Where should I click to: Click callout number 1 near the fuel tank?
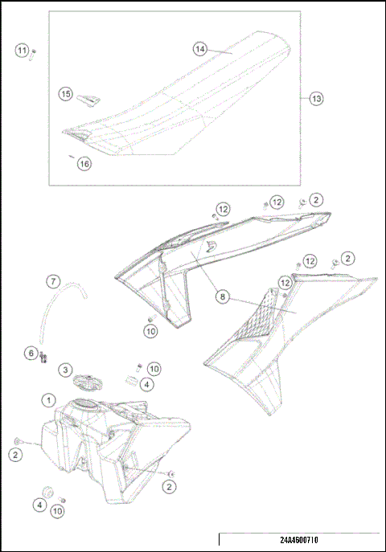[x=49, y=399]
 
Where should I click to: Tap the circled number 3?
[x=64, y=370]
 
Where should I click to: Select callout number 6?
[x=31, y=353]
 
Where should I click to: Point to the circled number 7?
[x=51, y=282]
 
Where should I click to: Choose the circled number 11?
[x=22, y=51]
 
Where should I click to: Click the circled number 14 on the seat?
[x=200, y=49]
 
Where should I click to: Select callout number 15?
[x=65, y=94]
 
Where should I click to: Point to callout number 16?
[x=84, y=163]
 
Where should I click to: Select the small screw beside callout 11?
[x=33, y=53]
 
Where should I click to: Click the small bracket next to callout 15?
[x=88, y=98]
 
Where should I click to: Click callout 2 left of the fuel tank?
[x=16, y=455]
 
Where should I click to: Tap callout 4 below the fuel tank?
[x=39, y=505]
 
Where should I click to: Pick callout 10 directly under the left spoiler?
[x=150, y=330]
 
